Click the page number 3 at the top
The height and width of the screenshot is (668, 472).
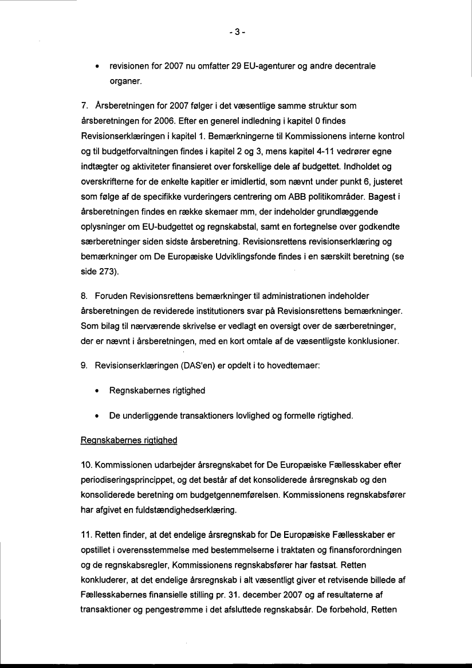click(236, 33)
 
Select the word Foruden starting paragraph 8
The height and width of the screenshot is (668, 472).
click(113, 296)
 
